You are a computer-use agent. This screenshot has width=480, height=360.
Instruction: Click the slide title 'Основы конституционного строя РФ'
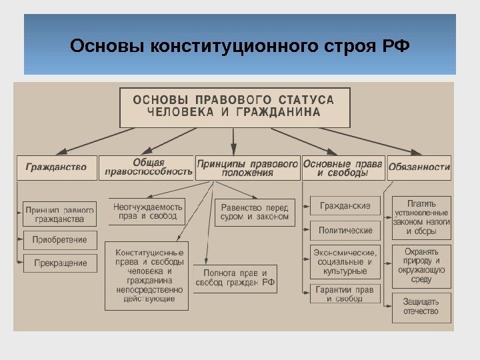(239, 47)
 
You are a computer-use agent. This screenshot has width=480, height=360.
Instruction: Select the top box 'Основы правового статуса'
(234, 107)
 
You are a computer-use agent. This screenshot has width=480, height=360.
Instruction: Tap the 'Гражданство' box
(56, 167)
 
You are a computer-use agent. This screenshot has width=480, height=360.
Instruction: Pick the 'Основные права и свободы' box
(343, 167)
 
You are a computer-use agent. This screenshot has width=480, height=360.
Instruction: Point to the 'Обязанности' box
(419, 167)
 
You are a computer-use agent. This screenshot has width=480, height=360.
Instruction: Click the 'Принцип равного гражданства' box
(60, 214)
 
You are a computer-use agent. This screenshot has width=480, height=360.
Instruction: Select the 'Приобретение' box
(60, 240)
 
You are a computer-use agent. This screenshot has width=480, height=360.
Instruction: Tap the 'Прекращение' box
(60, 263)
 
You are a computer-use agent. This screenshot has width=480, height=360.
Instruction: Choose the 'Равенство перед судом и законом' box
(255, 212)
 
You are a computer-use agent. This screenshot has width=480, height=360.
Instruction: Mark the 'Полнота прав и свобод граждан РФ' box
(235, 278)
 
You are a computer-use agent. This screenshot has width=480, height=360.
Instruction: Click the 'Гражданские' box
(345, 205)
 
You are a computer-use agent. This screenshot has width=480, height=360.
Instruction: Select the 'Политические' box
(345, 230)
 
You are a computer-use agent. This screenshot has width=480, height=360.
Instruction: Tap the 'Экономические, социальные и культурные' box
(345, 262)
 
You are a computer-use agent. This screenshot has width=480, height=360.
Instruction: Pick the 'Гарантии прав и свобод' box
(345, 294)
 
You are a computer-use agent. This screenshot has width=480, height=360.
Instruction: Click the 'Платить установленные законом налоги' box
(421, 217)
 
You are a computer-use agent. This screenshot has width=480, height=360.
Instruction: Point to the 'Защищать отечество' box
(421, 307)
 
